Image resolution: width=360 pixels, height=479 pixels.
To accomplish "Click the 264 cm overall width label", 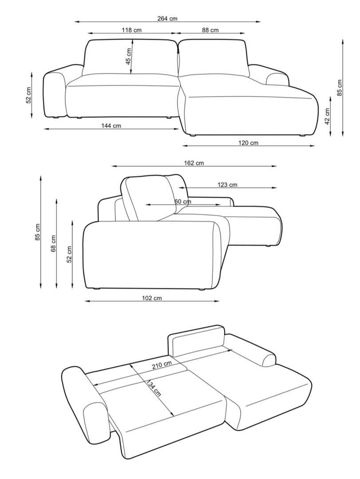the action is pyautogui.click(x=167, y=19).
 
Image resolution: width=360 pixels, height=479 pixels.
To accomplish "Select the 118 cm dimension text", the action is pyautogui.click(x=132, y=30).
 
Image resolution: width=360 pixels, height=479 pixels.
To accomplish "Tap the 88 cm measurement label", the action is pyautogui.click(x=210, y=30).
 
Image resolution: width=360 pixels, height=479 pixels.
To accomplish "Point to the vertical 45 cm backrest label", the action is pyautogui.click(x=128, y=56).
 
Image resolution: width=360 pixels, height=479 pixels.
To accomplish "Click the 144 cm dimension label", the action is pyautogui.click(x=111, y=126).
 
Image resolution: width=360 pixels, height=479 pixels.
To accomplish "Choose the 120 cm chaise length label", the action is pyautogui.click(x=248, y=143).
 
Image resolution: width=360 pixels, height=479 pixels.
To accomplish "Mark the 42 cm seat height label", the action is pyautogui.click(x=327, y=116).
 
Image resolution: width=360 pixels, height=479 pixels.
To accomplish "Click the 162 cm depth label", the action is pyautogui.click(x=194, y=163).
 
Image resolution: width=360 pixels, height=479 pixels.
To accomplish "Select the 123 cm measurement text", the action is pyautogui.click(x=227, y=185).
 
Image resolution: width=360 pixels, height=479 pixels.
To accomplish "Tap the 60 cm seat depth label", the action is pyautogui.click(x=182, y=202).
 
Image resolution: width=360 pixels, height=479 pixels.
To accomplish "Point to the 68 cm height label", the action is pyautogui.click(x=54, y=243).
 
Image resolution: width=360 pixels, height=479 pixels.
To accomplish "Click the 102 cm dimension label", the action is pyautogui.click(x=152, y=298).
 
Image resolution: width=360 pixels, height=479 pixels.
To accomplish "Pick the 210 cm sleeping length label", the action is pyautogui.click(x=162, y=365).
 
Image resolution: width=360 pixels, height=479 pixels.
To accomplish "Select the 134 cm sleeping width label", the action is pyautogui.click(x=153, y=388).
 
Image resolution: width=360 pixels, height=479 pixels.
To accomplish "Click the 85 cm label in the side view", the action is pyautogui.click(x=38, y=232).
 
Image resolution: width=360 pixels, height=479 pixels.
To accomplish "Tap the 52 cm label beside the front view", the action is pyautogui.click(x=28, y=95).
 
